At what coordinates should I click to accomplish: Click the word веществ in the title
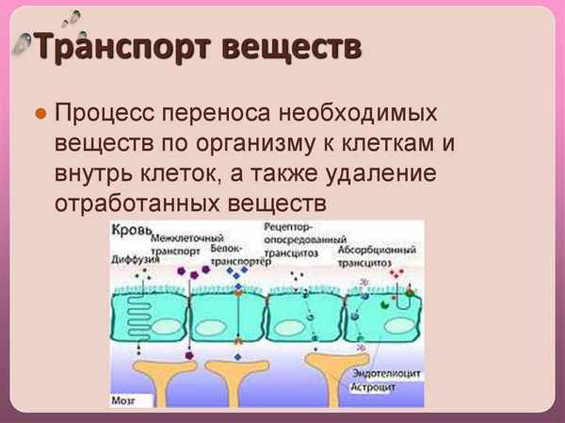click(291, 47)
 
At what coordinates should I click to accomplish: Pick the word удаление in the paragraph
click(377, 175)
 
